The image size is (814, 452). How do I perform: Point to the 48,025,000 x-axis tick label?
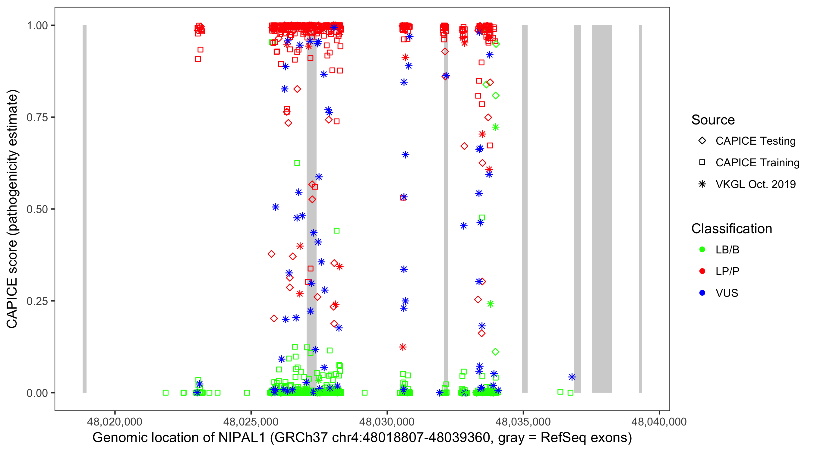pyautogui.click(x=251, y=422)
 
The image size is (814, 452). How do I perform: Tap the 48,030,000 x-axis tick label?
pyautogui.click(x=387, y=422)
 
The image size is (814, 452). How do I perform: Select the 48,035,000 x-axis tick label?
pyautogui.click(x=523, y=422)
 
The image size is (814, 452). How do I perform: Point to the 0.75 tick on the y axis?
pyautogui.click(x=37, y=118)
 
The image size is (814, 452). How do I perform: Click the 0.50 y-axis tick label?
pyautogui.click(x=37, y=209)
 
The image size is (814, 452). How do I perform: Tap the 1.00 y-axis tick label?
pyautogui.click(x=37, y=26)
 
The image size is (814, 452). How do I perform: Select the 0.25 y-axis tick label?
pyautogui.click(x=37, y=301)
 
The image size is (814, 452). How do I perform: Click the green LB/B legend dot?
pyautogui.click(x=702, y=250)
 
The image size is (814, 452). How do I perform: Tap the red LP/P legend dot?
pyautogui.click(x=702, y=271)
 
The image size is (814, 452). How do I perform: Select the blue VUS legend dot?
pyautogui.click(x=702, y=293)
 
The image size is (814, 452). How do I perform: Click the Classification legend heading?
pyautogui.click(x=731, y=229)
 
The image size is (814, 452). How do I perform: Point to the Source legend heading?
pyautogui.click(x=713, y=120)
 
